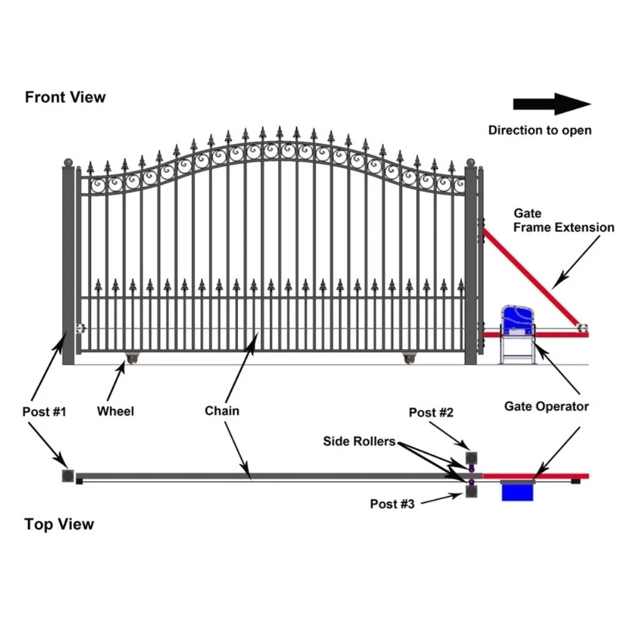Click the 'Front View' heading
[x=66, y=97]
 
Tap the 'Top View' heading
[x=59, y=524]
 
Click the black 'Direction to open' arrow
[x=552, y=104]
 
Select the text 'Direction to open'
[x=540, y=130]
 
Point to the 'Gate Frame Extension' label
[x=563, y=221]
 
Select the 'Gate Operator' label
[x=546, y=407]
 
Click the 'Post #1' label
[x=44, y=412]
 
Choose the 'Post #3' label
[x=392, y=504]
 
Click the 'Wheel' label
[x=115, y=411]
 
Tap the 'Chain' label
[x=222, y=411]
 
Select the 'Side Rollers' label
[x=359, y=442]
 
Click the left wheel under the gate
[x=133, y=358]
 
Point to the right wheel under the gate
[x=409, y=358]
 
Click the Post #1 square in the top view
[x=67, y=475]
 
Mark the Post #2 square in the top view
[x=472, y=456]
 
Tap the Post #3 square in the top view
[x=472, y=492]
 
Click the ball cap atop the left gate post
[x=69, y=163]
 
